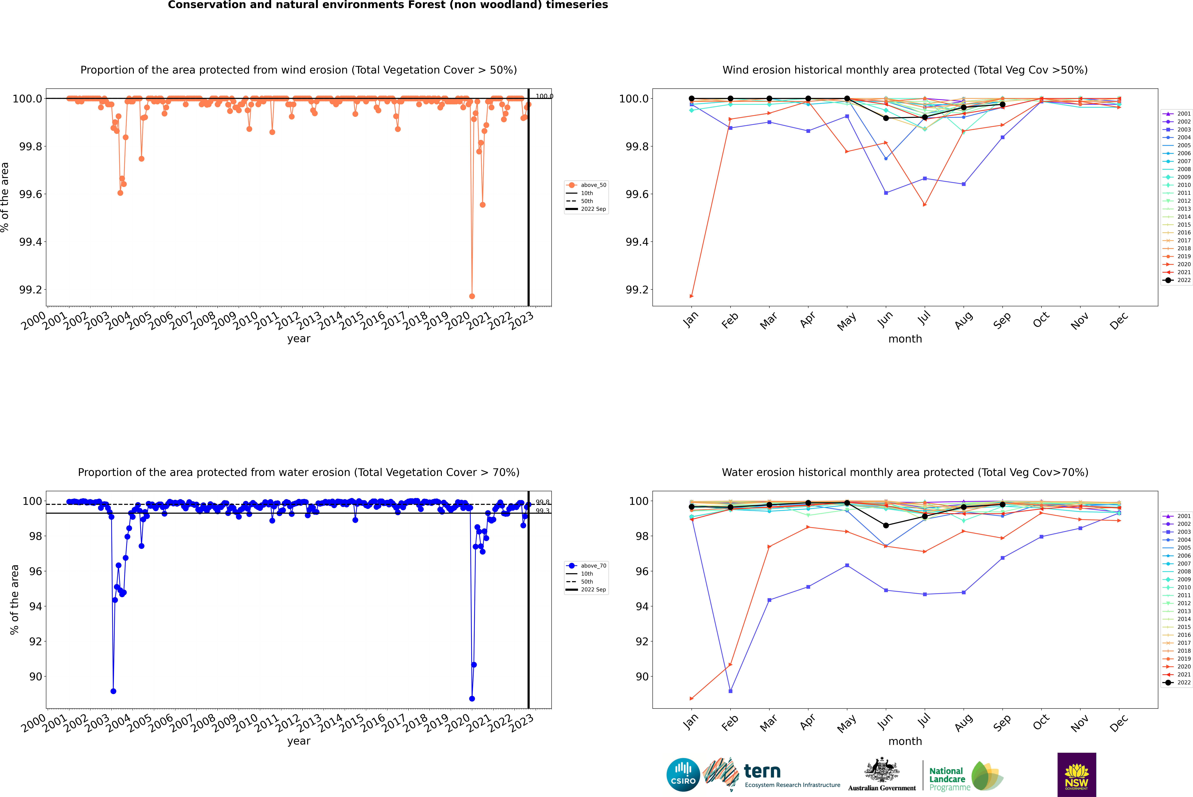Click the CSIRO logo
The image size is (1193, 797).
coord(683,775)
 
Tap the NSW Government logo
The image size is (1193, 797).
coord(1077,775)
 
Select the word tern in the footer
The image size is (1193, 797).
coord(762,771)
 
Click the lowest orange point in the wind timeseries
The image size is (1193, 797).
coord(472,296)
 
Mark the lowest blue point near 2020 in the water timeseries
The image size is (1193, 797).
coord(472,698)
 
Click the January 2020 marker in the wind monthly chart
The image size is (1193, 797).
coord(692,296)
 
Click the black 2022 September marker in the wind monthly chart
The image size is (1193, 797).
coord(1002,104)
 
